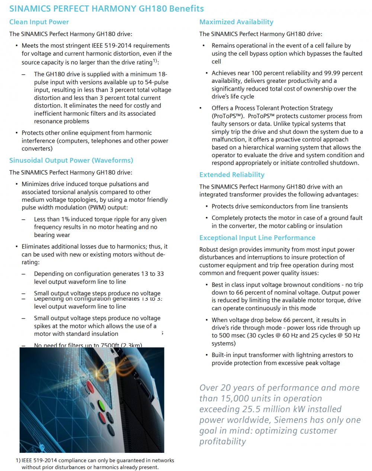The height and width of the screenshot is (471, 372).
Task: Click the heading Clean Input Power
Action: click(39, 22)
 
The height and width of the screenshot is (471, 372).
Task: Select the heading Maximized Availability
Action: click(236, 22)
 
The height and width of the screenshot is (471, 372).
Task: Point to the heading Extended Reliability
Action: click(232, 175)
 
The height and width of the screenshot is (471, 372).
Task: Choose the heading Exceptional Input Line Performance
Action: click(257, 238)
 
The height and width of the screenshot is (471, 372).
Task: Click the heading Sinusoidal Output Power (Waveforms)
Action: click(71, 160)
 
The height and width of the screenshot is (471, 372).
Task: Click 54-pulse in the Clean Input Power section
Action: click(155, 82)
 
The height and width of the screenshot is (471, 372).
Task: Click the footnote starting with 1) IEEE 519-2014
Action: click(95, 464)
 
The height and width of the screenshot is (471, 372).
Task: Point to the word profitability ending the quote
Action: click(222, 442)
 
